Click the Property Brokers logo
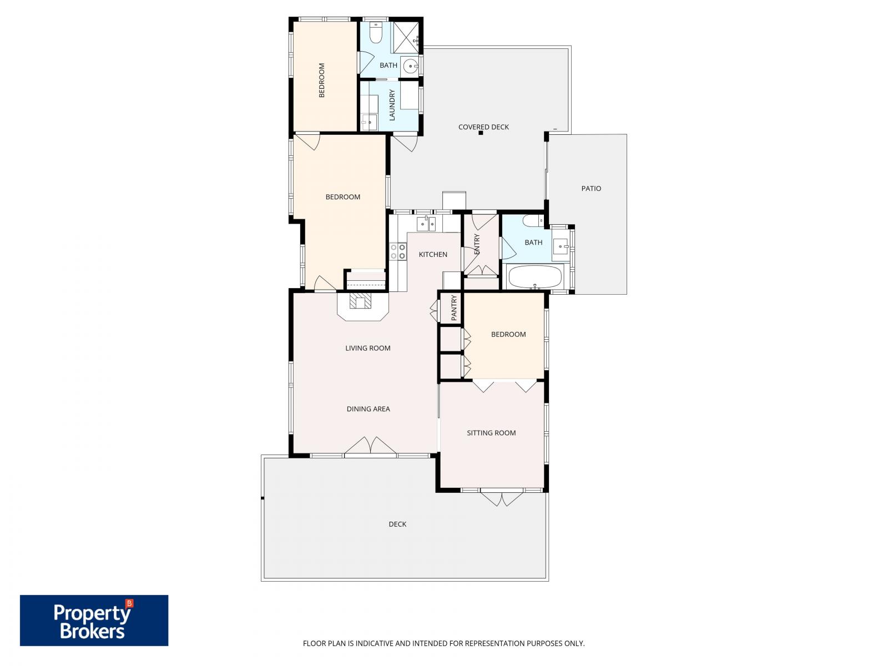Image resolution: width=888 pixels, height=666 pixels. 94,620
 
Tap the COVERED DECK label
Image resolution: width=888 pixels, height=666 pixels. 483,127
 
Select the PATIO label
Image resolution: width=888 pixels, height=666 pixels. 591,189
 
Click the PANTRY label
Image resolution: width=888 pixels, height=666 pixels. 454,308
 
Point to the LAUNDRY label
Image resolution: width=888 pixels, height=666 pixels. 392,105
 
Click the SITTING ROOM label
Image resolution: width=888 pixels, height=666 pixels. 491,433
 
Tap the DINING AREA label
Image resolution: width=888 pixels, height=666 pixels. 368,409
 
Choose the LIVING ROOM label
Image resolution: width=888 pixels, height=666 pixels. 368,349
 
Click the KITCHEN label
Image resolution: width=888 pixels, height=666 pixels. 433,255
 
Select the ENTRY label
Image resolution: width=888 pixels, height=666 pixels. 477,244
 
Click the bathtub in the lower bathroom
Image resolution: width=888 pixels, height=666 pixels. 535,277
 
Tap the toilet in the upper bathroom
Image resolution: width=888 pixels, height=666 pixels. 376,33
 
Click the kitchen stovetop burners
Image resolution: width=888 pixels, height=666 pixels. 397,251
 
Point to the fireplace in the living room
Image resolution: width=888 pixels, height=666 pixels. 361,302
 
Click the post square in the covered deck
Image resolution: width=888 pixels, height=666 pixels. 483,134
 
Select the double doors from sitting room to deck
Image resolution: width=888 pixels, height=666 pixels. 502,498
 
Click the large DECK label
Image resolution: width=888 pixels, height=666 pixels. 397,524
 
